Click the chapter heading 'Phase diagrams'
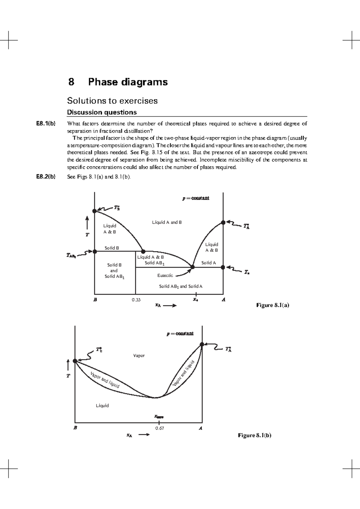(x=128, y=82)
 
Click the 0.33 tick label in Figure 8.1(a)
(x=136, y=300)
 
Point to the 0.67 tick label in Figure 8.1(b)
(x=159, y=428)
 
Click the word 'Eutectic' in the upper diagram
(x=165, y=275)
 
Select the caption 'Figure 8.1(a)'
(x=272, y=305)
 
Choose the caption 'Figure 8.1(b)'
(x=254, y=435)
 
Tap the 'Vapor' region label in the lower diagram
(x=139, y=356)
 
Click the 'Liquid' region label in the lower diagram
(x=102, y=406)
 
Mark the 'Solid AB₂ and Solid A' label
(x=181, y=287)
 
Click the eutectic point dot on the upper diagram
(x=193, y=267)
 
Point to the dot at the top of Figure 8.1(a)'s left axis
(x=94, y=211)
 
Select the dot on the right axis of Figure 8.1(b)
(x=202, y=344)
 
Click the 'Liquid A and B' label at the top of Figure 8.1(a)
(x=167, y=222)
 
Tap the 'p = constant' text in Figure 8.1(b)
(x=180, y=334)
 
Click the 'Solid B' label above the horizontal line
(x=112, y=248)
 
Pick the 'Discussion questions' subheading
(x=102, y=112)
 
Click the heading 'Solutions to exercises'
(x=112, y=101)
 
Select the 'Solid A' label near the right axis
(x=208, y=263)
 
